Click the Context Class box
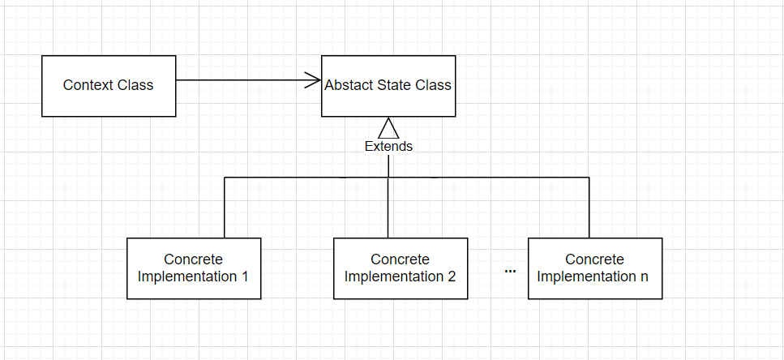[x=109, y=85]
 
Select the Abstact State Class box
[x=388, y=85]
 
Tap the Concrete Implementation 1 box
[x=194, y=268]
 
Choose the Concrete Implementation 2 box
[x=401, y=268]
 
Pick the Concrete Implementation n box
[x=594, y=268]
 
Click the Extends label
[x=388, y=147]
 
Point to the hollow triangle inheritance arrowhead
[x=388, y=127]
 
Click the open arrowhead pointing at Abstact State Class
[x=313, y=80]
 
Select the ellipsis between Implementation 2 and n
[x=510, y=271]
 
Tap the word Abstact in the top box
[x=349, y=85]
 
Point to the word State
[x=395, y=85]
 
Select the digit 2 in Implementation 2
[x=451, y=276]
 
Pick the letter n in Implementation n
[x=645, y=276]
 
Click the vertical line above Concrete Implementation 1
[x=225, y=208]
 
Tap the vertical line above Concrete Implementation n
[x=589, y=208]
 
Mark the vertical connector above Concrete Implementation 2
[x=388, y=208]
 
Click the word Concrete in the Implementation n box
[x=594, y=259]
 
